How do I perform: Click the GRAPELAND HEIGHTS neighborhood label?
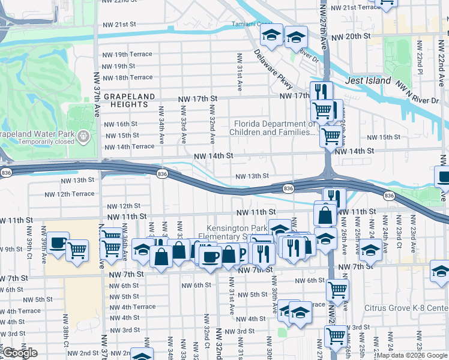pos(129,100)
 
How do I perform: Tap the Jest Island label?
pos(369,80)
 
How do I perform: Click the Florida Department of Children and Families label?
pos(274,128)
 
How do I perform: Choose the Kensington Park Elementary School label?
pos(237,233)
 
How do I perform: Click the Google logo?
pos(20,353)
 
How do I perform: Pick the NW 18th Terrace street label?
pos(127,77)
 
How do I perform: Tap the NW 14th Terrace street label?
pos(129,146)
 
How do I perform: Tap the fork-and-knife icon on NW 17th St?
pos(321,92)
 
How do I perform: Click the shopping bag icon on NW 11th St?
pos(325,213)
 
